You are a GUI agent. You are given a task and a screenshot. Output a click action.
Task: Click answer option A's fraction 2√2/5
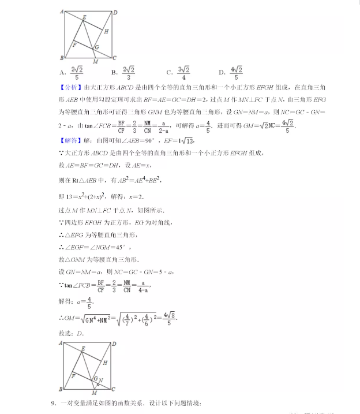(x=77, y=72)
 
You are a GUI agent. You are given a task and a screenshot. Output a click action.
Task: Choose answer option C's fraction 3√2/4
(x=184, y=72)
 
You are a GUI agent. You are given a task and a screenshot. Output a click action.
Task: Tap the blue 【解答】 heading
(x=71, y=141)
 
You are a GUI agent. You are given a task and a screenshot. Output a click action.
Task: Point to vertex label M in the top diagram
(x=95, y=62)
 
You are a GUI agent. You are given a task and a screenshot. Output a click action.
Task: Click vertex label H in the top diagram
(x=107, y=31)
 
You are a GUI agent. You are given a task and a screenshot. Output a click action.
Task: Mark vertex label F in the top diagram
(x=74, y=43)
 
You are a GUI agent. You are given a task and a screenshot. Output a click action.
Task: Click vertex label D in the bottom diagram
(x=115, y=344)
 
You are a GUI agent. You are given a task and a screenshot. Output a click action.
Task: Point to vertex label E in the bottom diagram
(x=84, y=349)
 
